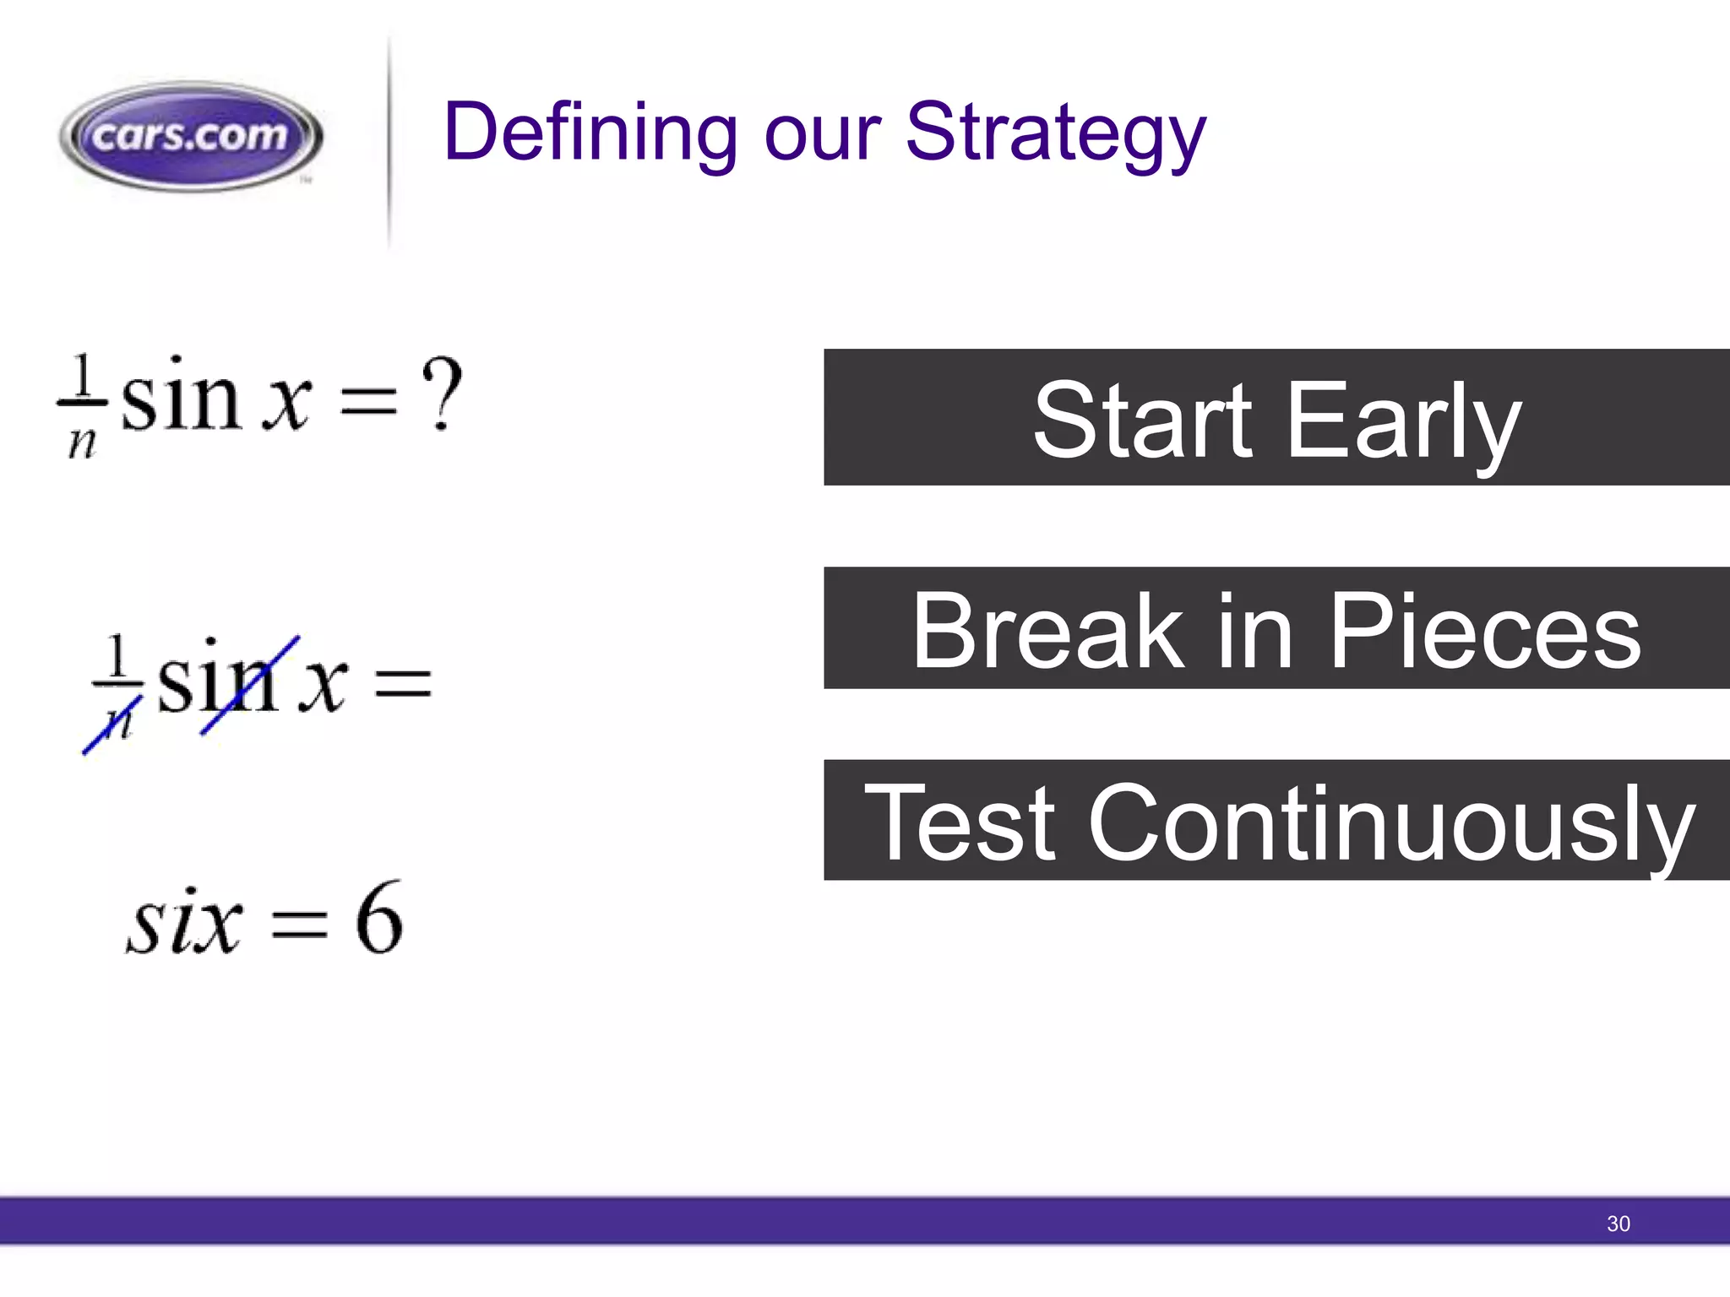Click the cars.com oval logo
(191, 136)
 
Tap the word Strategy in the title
(1055, 133)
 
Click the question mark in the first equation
(442, 393)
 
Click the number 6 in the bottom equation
(378, 919)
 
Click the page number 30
(1618, 1224)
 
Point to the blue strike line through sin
(251, 685)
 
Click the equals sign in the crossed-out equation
(403, 682)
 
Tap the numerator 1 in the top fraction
(82, 375)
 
